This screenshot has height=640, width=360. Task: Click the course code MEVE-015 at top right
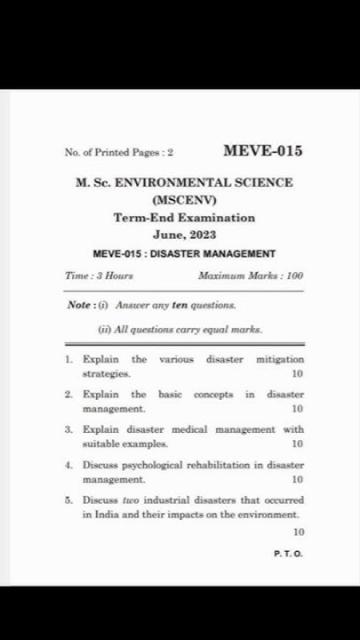coord(262,150)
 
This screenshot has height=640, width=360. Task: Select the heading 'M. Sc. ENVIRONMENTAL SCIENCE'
coord(184,182)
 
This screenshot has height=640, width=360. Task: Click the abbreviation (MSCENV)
coord(184,199)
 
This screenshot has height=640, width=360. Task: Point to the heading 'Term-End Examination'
coord(184,218)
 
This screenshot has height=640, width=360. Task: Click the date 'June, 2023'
coord(184,236)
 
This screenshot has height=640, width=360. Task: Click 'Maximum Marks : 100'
coord(252,277)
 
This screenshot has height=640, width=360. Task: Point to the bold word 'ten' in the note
coord(179,305)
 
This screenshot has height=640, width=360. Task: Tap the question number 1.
coord(68,360)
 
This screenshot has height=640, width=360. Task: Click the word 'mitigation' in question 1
coord(280,360)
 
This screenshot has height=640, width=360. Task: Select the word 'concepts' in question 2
coord(213,394)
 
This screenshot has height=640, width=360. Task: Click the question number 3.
coord(68,429)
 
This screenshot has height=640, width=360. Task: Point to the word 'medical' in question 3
coord(180,429)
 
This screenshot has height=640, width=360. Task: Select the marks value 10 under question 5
coord(298,532)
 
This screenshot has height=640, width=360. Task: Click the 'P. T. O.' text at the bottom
coord(289,554)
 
